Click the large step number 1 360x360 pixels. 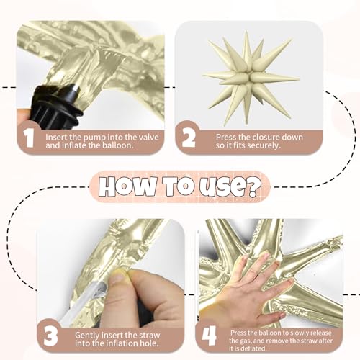click(x=30, y=138)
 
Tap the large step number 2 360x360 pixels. click(x=189, y=138)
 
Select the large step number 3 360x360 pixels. click(x=50, y=336)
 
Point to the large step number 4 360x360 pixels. click(x=209, y=336)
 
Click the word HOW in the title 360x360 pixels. click(x=126, y=186)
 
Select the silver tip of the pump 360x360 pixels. click(x=76, y=89)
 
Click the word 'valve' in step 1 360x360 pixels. click(x=149, y=138)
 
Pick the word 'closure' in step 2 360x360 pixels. click(x=259, y=138)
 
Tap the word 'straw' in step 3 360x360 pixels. click(x=148, y=335)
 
